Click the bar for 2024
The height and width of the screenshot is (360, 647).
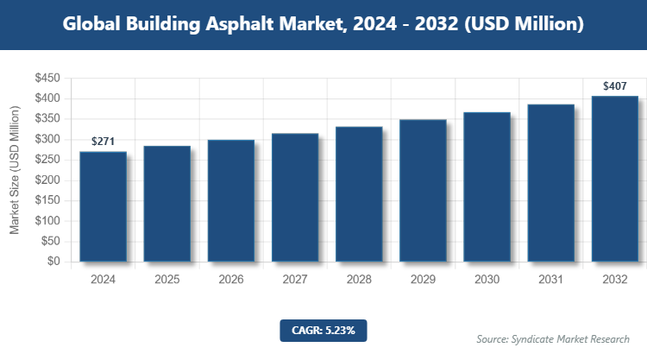[x=103, y=206]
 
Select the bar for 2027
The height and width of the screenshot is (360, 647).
[x=295, y=198]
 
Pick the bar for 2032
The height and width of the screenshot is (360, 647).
[x=614, y=179]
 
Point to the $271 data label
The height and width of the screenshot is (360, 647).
[x=104, y=141]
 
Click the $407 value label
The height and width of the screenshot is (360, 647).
[x=614, y=85]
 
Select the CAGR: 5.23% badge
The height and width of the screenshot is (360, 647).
[x=323, y=330]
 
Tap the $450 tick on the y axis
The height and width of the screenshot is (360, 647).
[x=47, y=79]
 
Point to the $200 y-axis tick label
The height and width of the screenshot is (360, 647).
[x=47, y=180]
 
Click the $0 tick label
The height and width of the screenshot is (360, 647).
[x=53, y=262]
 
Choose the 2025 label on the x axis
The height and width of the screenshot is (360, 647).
[x=167, y=280]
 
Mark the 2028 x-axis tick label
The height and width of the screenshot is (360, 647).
[x=359, y=280]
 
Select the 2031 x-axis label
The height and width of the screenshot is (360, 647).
[x=550, y=280]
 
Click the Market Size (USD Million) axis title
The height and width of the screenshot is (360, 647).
[x=15, y=170]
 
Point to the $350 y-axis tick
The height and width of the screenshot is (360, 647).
[x=47, y=119]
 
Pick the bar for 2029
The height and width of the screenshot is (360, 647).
[x=423, y=191]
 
